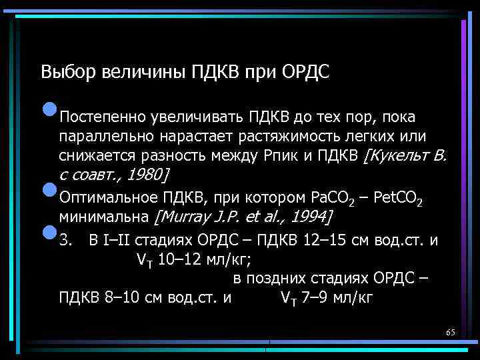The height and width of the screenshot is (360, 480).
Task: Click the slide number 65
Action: click(x=450, y=332)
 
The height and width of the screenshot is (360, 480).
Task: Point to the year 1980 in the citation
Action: click(x=145, y=175)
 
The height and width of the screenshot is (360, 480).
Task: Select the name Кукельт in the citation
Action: click(x=399, y=156)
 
